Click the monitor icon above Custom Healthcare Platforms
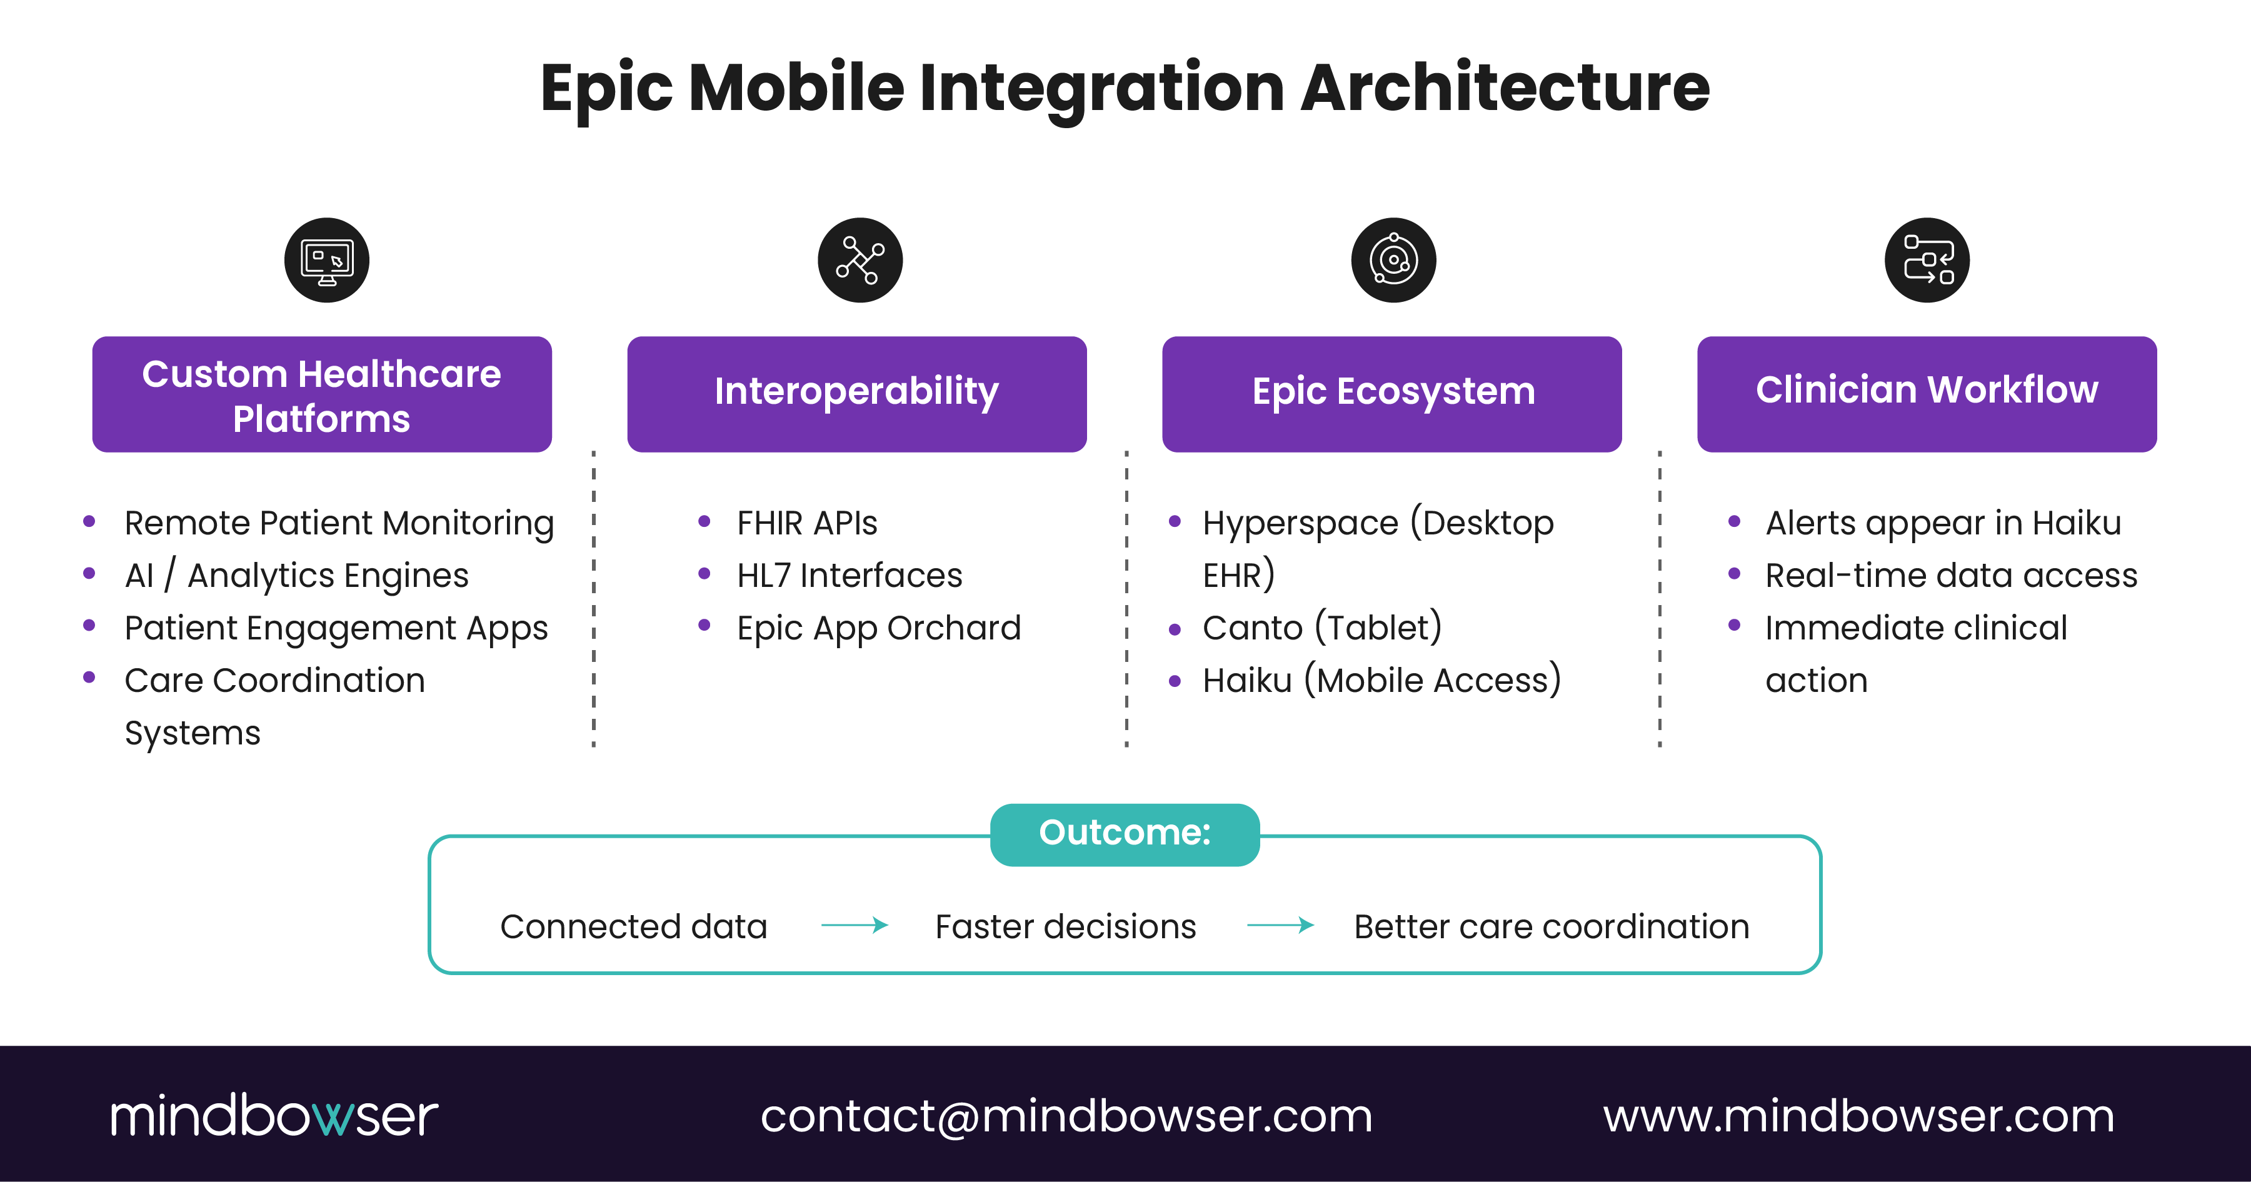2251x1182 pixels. [x=327, y=260]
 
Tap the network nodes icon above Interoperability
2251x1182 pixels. [x=860, y=260]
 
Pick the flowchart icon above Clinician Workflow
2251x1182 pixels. [x=1927, y=260]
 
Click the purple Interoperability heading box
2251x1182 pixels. [x=856, y=393]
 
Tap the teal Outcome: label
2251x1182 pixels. [x=1125, y=833]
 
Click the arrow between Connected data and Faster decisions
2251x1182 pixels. [x=855, y=925]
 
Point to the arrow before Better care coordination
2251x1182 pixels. [x=1280, y=925]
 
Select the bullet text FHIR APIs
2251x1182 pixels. [x=806, y=523]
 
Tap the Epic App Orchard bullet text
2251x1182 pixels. [x=878, y=628]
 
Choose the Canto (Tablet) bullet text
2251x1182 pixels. [x=1321, y=628]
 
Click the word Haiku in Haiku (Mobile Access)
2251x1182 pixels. [x=1247, y=681]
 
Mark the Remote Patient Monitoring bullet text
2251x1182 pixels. [x=339, y=523]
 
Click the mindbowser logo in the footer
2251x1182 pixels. [x=274, y=1116]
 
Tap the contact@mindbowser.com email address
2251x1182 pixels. [x=1066, y=1116]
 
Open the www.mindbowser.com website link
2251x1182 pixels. [x=1858, y=1116]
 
